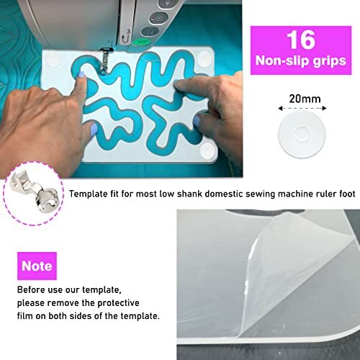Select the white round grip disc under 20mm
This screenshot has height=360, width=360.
(x=303, y=133)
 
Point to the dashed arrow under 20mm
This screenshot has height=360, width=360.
(x=303, y=107)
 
